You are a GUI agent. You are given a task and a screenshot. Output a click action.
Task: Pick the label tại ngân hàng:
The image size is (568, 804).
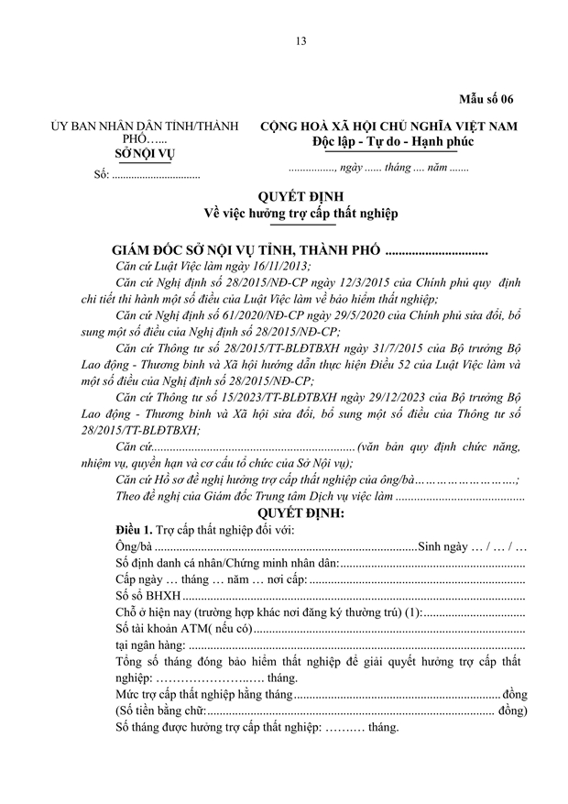point(147,646)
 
